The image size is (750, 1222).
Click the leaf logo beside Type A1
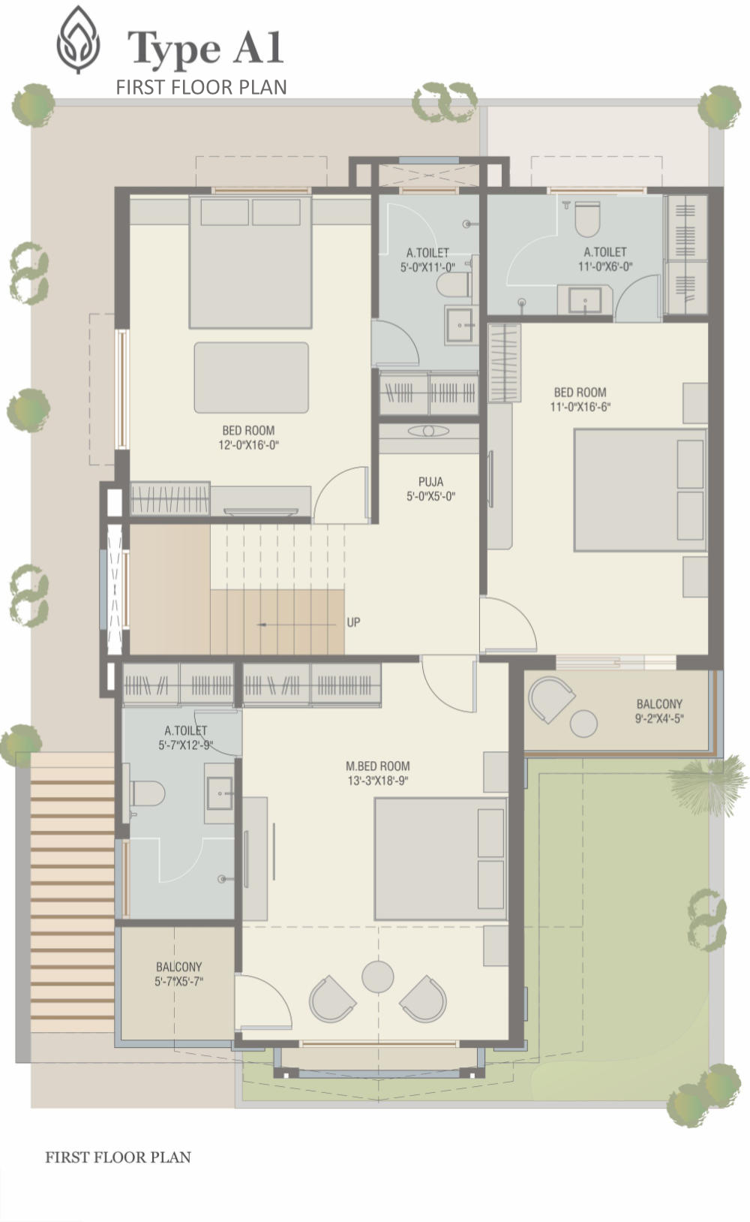(79, 40)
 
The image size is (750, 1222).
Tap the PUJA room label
(430, 482)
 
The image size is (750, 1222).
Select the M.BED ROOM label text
(378, 766)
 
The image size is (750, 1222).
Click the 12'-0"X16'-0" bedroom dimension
(248, 444)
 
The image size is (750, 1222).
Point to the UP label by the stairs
(353, 622)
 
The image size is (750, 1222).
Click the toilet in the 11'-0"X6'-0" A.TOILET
(587, 219)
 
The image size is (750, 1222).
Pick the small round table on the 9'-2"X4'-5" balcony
(583, 724)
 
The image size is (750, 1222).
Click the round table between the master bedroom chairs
(378, 977)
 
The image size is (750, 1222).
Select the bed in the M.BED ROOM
(440, 859)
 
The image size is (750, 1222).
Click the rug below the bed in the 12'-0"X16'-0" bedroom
(251, 378)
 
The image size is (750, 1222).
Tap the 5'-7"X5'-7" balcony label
(178, 974)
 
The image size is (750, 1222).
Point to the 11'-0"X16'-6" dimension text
(580, 406)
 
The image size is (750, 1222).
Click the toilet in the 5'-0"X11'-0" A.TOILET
(454, 284)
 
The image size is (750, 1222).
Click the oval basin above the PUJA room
(428, 431)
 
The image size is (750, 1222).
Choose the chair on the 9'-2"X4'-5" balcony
(550, 700)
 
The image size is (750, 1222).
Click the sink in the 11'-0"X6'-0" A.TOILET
(585, 300)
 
